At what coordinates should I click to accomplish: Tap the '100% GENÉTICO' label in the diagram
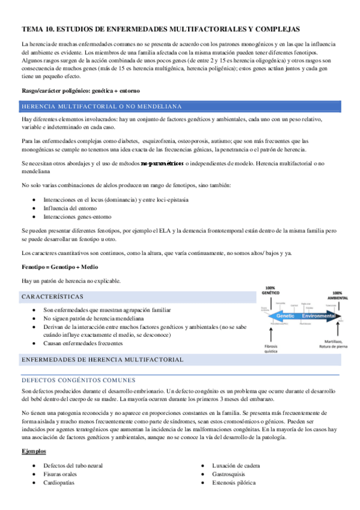271,290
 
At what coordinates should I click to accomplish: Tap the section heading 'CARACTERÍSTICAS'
52,297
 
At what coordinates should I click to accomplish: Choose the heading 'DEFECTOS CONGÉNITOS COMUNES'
78,380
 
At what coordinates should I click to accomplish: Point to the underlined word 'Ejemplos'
34,451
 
